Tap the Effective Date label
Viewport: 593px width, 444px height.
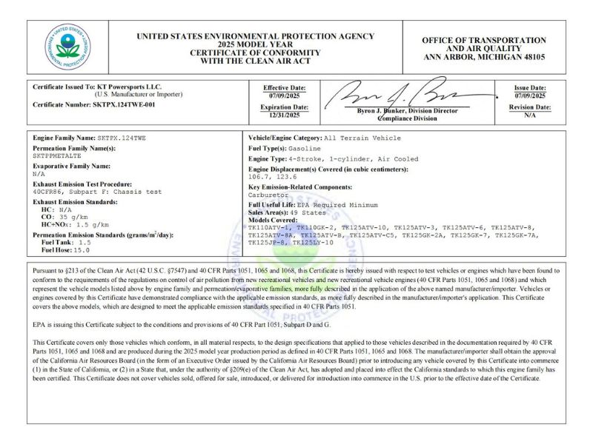tap(285, 87)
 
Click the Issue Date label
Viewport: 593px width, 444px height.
tap(530, 87)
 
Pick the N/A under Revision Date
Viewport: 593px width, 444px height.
tap(530, 115)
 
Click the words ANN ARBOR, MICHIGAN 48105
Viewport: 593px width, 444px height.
tap(484, 56)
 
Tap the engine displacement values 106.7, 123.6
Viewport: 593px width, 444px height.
tap(273, 177)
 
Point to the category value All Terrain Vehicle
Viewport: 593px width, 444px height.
tap(362, 138)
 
